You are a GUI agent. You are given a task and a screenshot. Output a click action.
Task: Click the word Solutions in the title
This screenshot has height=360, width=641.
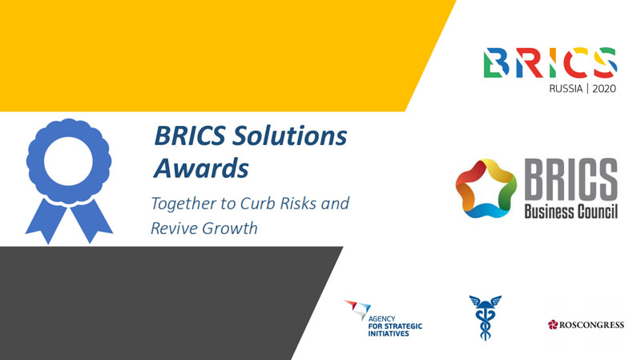tap(289, 136)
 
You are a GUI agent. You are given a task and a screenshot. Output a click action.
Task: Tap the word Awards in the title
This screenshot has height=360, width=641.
tap(201, 168)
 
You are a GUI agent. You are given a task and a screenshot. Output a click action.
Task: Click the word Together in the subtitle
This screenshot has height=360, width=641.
tap(183, 204)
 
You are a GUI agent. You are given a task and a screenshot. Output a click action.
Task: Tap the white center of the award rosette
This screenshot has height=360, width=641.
tap(68, 161)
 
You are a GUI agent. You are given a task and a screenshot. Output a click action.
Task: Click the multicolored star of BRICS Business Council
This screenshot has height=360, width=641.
tap(486, 188)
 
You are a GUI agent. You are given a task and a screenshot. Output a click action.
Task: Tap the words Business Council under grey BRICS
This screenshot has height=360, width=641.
tap(570, 212)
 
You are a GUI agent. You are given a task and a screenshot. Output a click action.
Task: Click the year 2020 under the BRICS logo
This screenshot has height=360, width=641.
tap(604, 88)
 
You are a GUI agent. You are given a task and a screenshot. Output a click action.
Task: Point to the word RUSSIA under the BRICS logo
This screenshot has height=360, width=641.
tap(566, 88)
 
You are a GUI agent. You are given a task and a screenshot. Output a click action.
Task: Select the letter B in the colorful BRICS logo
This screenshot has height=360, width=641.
tap(496, 63)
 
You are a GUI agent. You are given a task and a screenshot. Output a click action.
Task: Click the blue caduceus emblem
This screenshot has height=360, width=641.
tap(486, 317)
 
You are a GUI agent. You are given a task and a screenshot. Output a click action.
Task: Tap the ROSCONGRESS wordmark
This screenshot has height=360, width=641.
tap(591, 325)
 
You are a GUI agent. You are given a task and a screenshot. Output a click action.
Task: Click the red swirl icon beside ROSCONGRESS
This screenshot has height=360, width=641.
tap(553, 325)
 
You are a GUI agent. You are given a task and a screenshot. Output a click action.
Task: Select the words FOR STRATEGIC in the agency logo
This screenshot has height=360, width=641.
tap(395, 326)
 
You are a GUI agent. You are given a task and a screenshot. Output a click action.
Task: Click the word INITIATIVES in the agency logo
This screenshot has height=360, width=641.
tap(389, 334)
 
